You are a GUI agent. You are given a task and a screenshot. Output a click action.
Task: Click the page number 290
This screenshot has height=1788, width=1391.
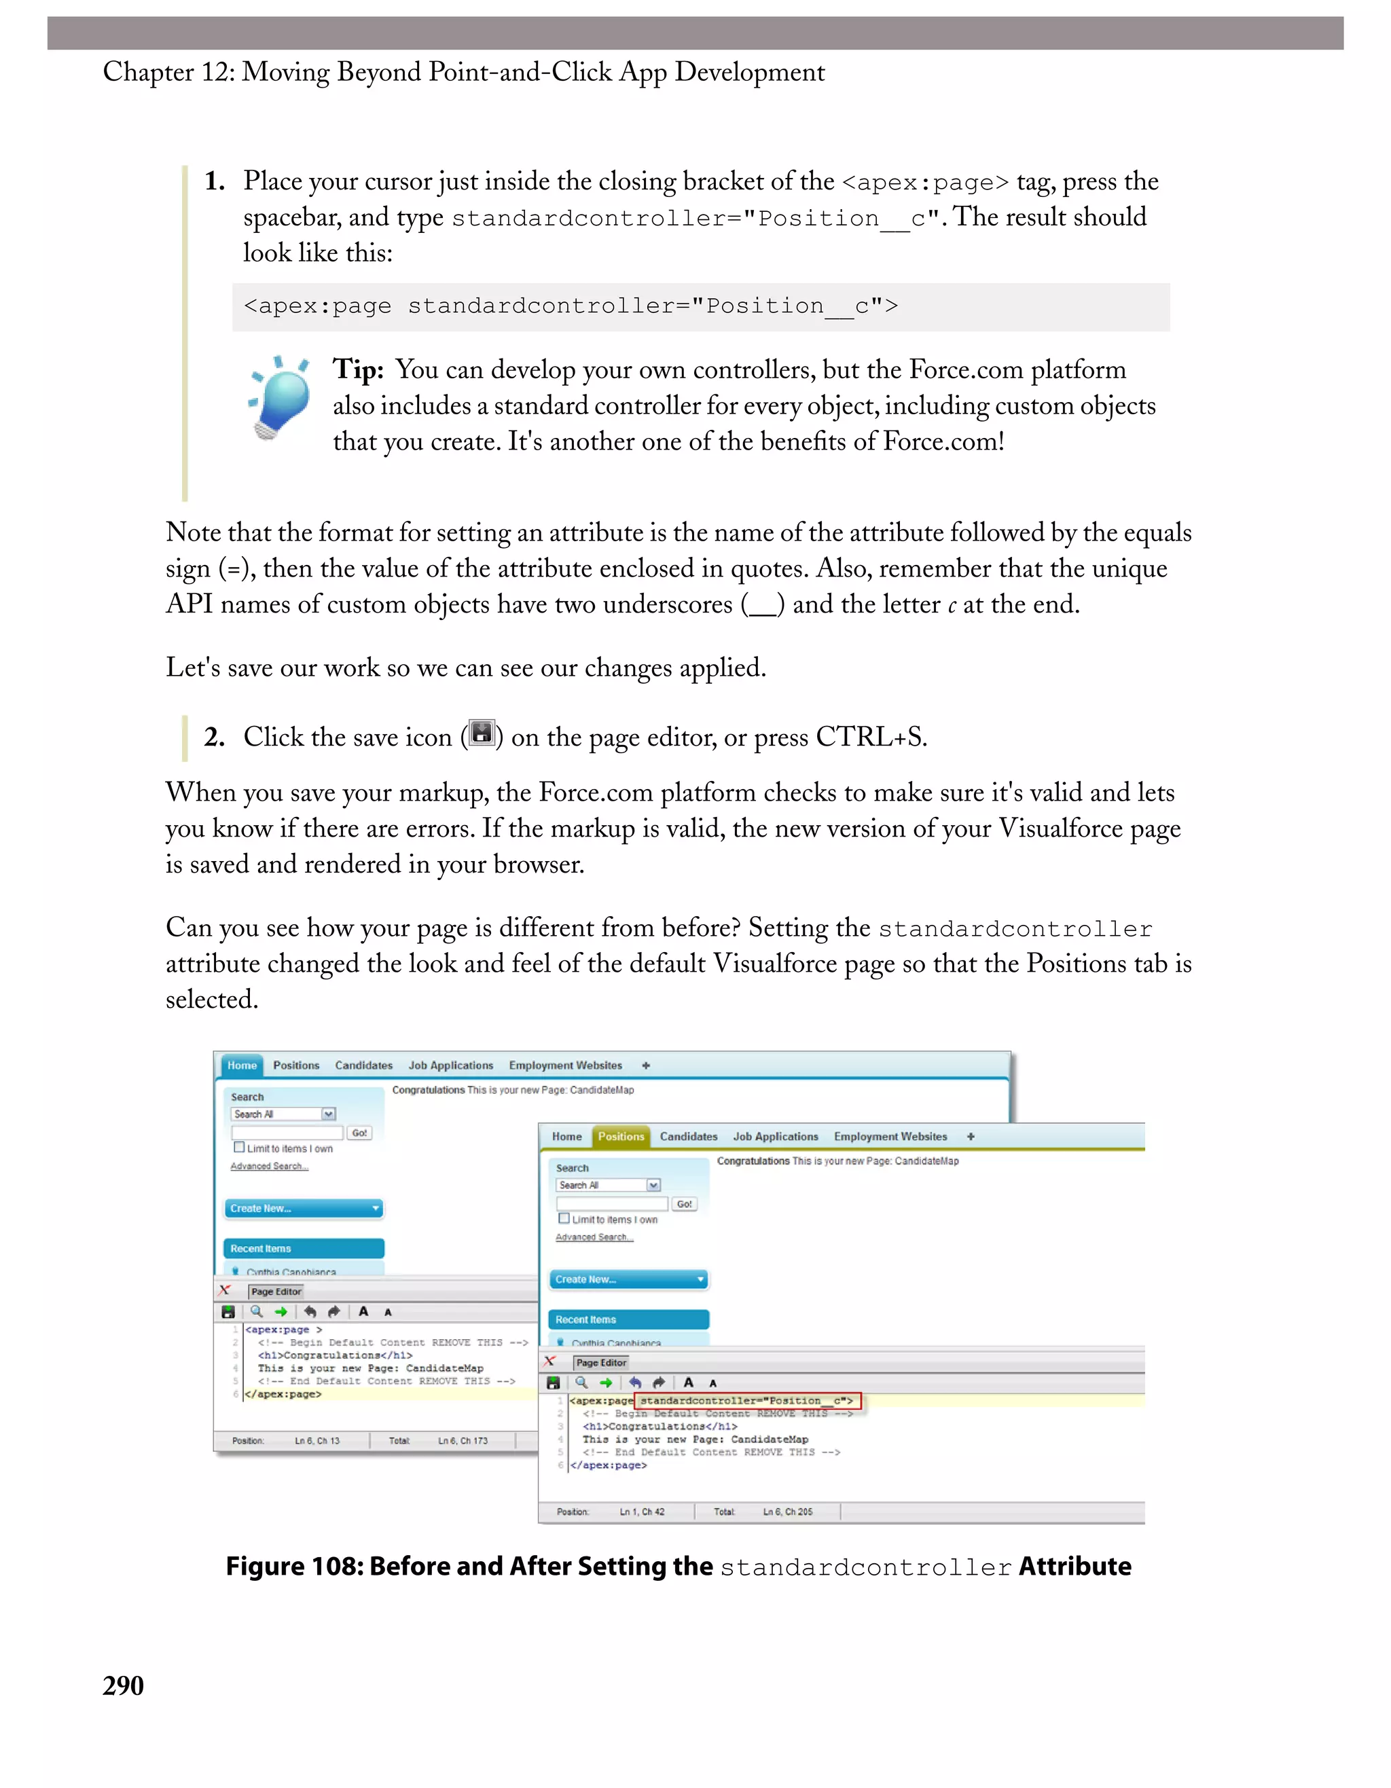click(x=123, y=1685)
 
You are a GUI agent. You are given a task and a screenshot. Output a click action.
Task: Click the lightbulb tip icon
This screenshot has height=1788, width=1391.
click(x=278, y=398)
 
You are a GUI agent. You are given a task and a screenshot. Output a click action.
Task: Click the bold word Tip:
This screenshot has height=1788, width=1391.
click(x=358, y=370)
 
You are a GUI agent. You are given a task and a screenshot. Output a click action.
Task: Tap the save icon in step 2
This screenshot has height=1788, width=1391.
click(x=482, y=733)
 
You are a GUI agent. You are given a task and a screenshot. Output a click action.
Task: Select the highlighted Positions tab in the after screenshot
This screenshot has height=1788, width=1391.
click(x=621, y=1136)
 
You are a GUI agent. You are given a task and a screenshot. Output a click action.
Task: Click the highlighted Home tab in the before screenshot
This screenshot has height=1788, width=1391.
click(x=242, y=1065)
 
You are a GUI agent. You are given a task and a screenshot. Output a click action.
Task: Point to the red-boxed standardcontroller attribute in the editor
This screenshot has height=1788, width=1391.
click(x=746, y=1401)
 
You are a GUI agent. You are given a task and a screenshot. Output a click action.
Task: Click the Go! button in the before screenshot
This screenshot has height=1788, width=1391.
click(x=359, y=1133)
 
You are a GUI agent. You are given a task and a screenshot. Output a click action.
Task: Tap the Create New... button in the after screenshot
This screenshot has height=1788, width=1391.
click(x=628, y=1279)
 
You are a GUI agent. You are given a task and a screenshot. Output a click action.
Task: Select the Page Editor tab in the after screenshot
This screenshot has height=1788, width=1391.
click(x=601, y=1363)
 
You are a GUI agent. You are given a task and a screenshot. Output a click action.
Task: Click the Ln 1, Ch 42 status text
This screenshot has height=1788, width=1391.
click(x=642, y=1512)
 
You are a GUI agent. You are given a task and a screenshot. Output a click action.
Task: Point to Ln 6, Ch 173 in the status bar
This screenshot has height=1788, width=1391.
click(x=463, y=1441)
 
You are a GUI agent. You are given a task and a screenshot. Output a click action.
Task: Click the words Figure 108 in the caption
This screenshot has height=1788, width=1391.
click(x=294, y=1567)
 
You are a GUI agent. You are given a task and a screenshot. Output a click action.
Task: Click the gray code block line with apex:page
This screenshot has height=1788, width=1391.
click(x=571, y=306)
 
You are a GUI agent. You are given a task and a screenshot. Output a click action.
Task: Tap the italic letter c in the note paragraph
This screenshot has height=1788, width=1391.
click(x=952, y=606)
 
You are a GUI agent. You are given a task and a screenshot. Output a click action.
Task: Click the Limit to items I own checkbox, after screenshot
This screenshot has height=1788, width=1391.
click(x=563, y=1218)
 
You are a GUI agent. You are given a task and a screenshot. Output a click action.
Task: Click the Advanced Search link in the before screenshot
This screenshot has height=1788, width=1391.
click(x=268, y=1167)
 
